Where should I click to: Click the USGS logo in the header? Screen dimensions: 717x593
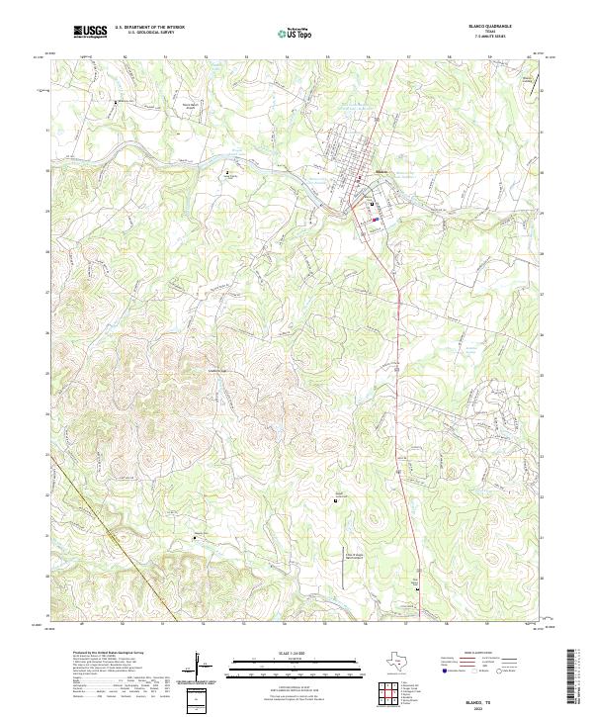point(90,32)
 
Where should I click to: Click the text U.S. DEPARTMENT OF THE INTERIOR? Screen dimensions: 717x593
point(149,28)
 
